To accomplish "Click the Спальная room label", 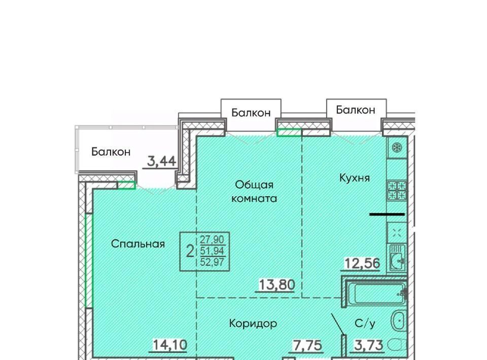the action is [138, 243].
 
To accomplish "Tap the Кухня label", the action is [355, 178].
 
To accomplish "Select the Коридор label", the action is [253, 323].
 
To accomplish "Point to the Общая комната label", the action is [254, 191].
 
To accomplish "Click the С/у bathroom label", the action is [365, 323].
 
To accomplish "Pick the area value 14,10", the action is [170, 344].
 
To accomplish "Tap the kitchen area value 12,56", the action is [362, 264].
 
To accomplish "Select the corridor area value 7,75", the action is [307, 345].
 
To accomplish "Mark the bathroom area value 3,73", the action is [369, 345].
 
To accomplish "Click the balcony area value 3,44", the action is [161, 161].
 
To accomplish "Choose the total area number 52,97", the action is [212, 262].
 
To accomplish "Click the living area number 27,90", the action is [212, 239].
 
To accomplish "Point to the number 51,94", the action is [213, 251].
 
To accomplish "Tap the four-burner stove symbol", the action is [397, 190].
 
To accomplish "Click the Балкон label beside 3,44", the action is [111, 152].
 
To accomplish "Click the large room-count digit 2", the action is [190, 251].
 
